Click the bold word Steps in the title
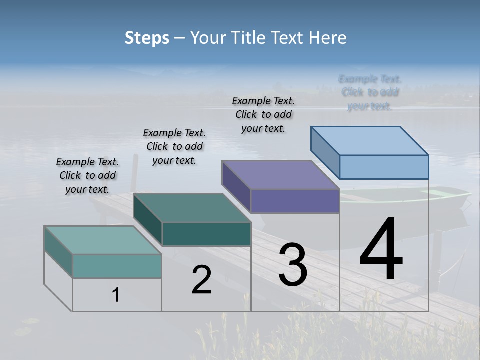pos(147,38)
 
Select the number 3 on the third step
pos(293,265)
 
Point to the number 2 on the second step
pos(201,280)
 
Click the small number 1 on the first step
pos(116,295)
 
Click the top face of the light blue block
pos(369,141)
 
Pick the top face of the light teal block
pos(103,240)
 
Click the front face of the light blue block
pos(384,167)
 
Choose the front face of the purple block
pos(295,201)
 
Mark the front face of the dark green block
pos(206,234)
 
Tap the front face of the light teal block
pos(117,266)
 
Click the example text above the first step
pos(87,175)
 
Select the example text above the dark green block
pos(174,146)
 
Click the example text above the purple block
pos(263,114)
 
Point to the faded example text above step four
pos(370,92)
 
